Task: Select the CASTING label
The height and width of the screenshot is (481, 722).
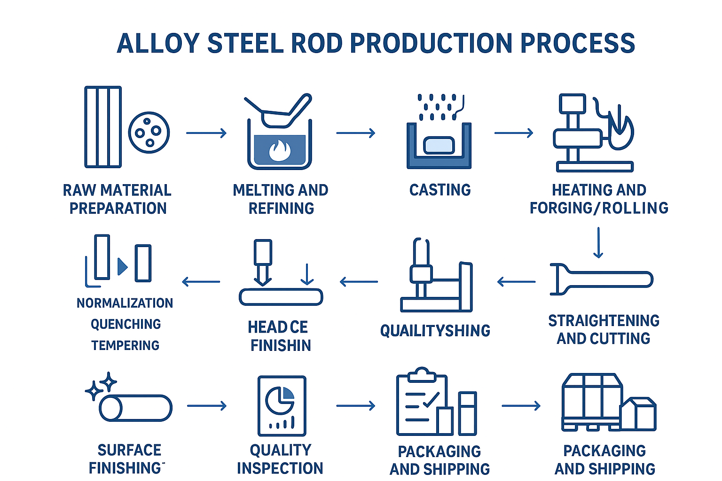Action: (440, 190)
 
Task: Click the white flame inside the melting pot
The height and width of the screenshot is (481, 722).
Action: (280, 150)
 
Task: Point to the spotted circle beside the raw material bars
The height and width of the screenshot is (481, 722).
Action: (149, 132)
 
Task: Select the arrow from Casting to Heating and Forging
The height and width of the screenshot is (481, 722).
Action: (513, 133)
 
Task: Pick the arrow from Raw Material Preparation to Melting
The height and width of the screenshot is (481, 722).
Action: (206, 133)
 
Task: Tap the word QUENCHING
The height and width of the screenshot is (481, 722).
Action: (126, 324)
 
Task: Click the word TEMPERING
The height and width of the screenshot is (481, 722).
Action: (126, 345)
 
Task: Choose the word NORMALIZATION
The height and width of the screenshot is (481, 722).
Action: (125, 303)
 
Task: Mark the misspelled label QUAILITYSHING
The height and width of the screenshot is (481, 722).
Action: (435, 331)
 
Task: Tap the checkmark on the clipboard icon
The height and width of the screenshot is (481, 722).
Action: (431, 400)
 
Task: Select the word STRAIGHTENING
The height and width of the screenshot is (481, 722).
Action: (604, 320)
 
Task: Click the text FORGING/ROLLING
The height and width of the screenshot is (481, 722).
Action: (599, 208)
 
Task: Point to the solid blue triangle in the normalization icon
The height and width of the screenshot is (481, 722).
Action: (122, 266)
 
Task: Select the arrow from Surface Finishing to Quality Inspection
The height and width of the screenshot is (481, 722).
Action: (207, 405)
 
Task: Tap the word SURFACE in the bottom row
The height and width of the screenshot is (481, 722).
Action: (129, 450)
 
